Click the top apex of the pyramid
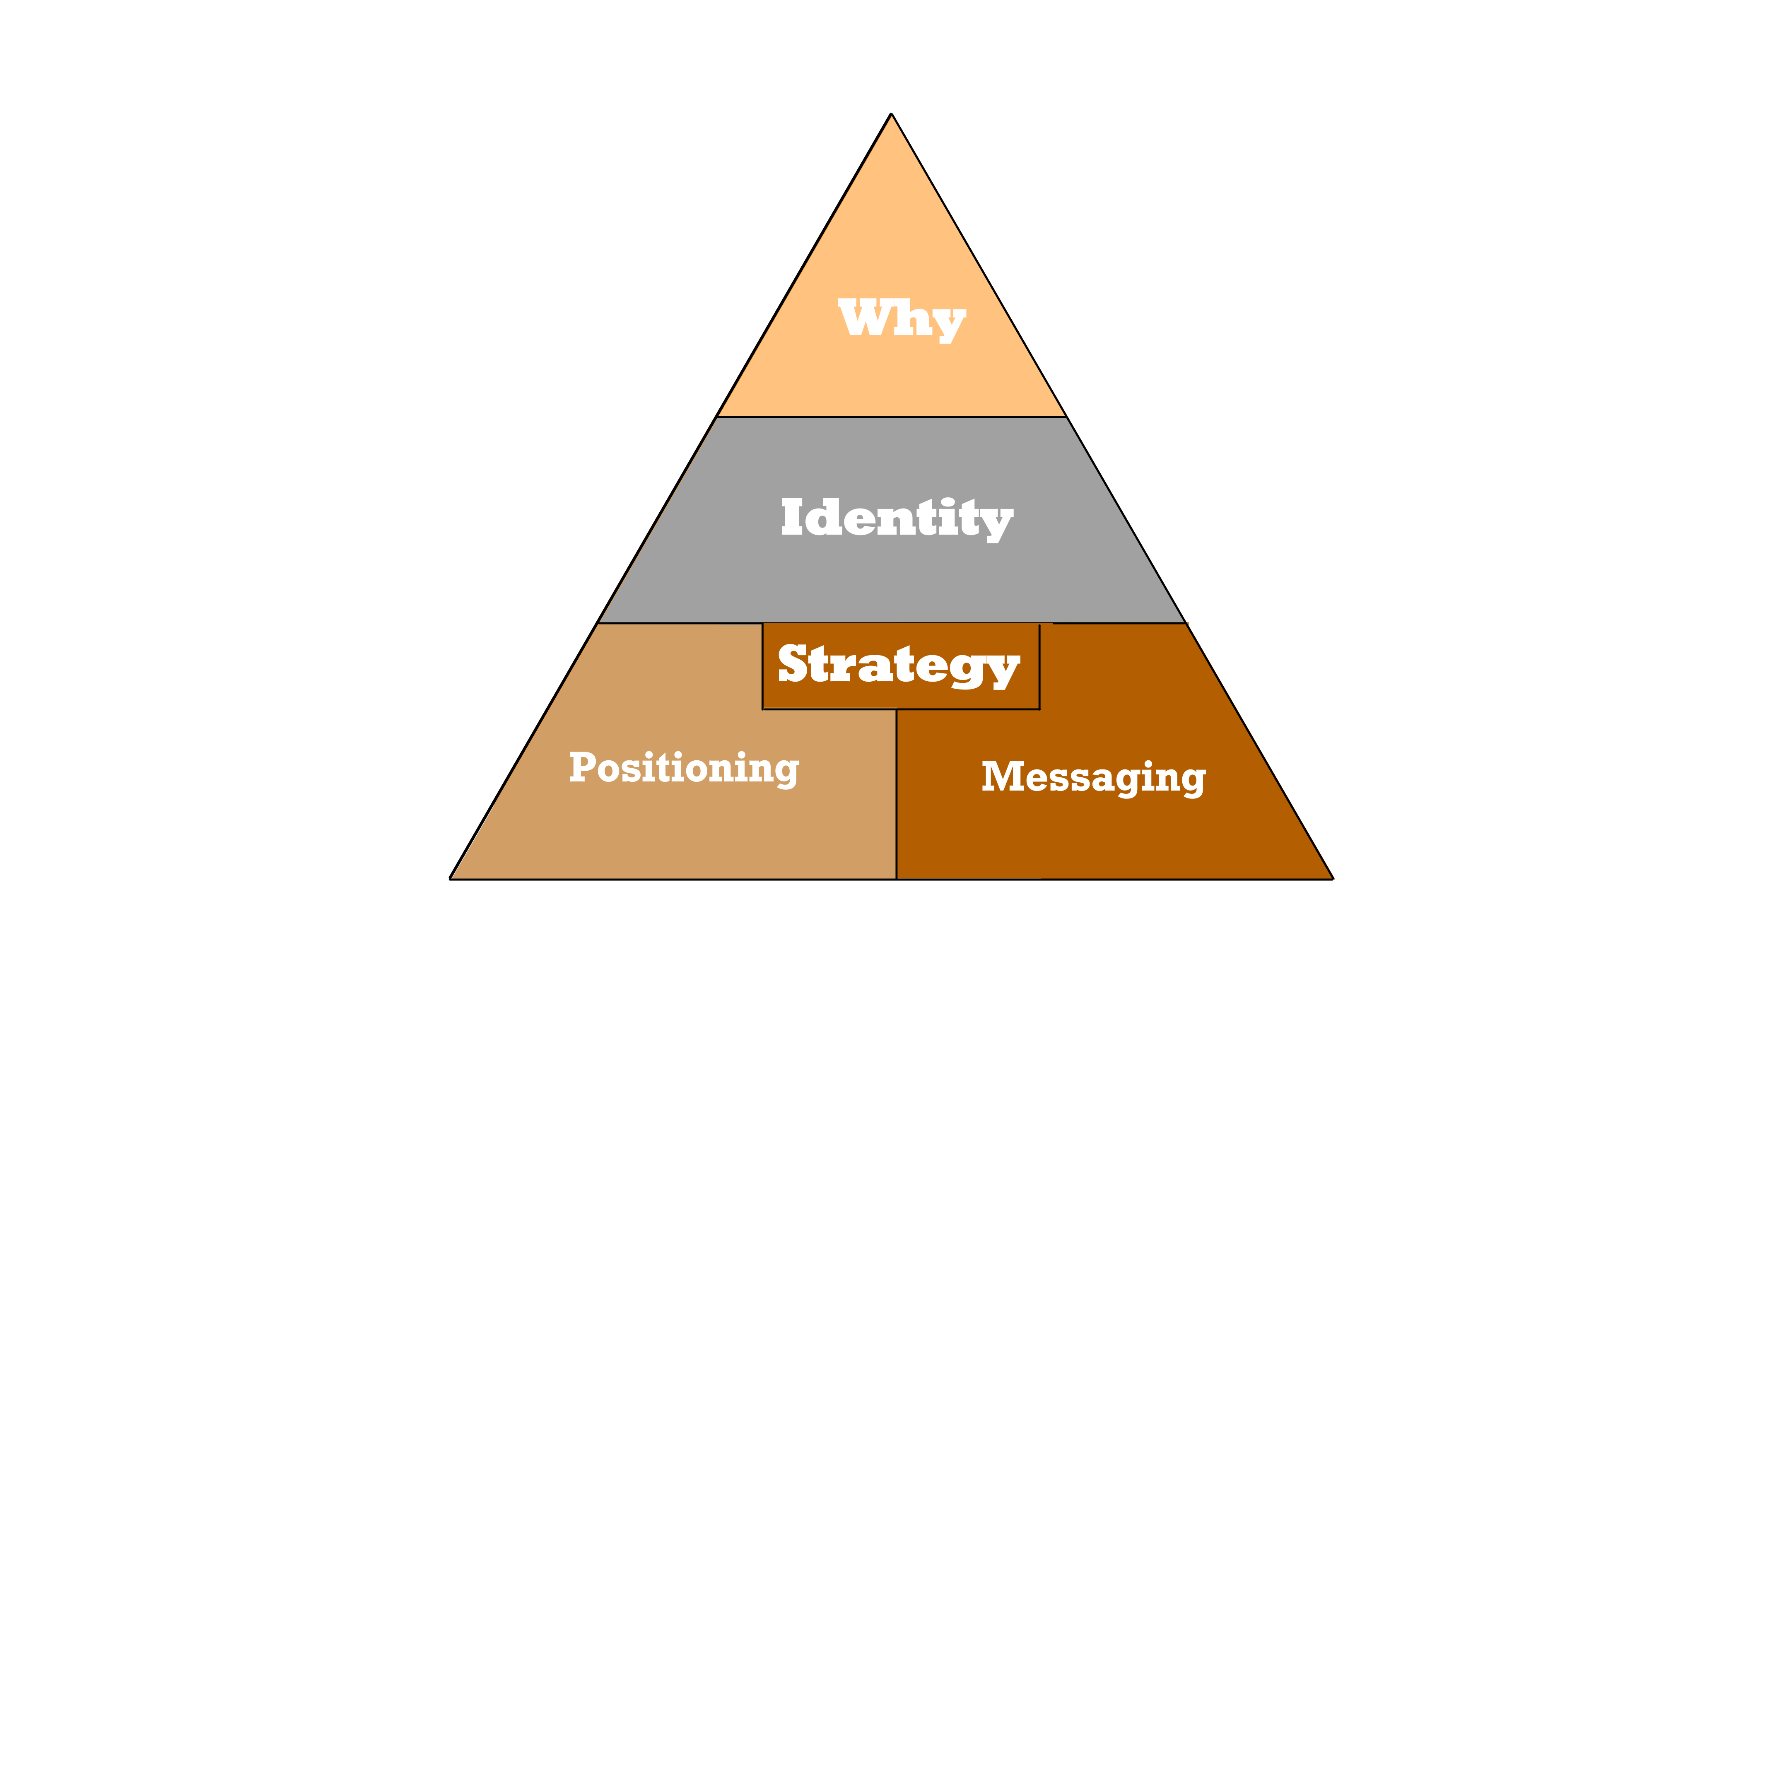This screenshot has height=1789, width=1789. coord(891,114)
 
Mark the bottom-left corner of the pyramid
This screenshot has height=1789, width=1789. coord(450,879)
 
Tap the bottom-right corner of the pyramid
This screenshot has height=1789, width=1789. coord(1333,879)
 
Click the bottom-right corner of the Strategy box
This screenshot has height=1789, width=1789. coord(1040,709)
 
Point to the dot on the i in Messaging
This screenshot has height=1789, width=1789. coord(1147,763)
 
